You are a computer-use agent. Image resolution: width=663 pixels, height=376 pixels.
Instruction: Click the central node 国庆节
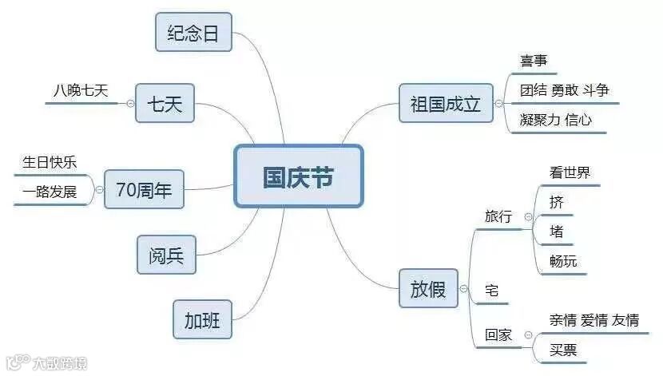pos(298,176)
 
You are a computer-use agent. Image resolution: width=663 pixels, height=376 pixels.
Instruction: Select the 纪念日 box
pos(193,34)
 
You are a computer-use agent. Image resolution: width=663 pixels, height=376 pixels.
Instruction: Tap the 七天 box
pos(165,104)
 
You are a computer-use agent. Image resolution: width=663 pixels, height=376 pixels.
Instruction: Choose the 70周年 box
pos(144,190)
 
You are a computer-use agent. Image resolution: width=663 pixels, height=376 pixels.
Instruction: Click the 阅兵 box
pos(166,255)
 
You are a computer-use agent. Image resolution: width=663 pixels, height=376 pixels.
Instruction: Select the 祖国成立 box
pos(445,104)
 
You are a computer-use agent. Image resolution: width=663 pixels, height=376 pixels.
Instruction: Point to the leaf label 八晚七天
pos(81,90)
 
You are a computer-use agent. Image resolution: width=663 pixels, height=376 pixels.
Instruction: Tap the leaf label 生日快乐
pos(50,162)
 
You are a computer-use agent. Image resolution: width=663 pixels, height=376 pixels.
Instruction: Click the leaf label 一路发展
pos(50,192)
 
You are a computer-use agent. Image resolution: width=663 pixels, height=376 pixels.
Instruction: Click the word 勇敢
pos(565,90)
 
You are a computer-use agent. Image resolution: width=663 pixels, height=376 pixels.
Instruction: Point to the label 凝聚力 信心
pos(555,120)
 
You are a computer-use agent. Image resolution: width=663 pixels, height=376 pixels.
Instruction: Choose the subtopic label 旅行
pos(498,216)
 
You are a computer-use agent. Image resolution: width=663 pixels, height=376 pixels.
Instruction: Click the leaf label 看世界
pos(570,172)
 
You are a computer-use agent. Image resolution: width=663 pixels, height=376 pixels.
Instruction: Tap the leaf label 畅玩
pos(563,261)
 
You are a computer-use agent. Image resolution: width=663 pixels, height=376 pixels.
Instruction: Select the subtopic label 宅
pos(492,291)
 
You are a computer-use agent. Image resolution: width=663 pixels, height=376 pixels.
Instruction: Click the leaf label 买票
pos(562,350)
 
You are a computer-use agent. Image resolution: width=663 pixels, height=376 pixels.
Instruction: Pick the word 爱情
pos(594,320)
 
